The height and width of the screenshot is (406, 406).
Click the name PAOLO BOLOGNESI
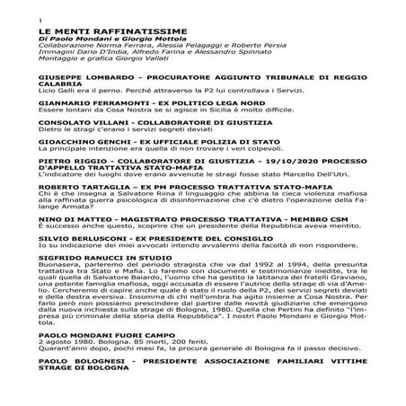82,383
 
